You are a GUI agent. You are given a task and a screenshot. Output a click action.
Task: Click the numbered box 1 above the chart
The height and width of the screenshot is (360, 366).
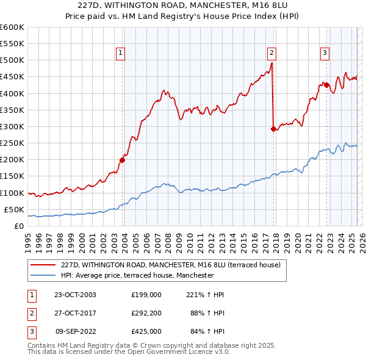point(121,53)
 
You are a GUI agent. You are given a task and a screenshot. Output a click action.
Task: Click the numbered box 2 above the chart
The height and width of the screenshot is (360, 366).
point(271,53)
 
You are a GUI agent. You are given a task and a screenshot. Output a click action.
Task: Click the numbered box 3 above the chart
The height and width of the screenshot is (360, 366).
point(325,53)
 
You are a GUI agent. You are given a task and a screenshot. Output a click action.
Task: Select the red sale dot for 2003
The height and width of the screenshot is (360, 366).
point(122,160)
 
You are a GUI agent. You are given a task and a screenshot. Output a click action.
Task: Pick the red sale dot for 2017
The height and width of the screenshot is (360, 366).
point(273,129)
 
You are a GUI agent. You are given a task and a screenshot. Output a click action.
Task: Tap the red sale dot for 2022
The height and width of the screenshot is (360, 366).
point(326,85)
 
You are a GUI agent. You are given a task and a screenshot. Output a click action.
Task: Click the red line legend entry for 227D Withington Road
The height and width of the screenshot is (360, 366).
point(170,265)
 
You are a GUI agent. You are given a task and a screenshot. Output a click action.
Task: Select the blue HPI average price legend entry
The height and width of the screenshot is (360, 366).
point(137,275)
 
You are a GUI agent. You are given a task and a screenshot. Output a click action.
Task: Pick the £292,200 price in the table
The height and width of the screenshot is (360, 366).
point(146,313)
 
